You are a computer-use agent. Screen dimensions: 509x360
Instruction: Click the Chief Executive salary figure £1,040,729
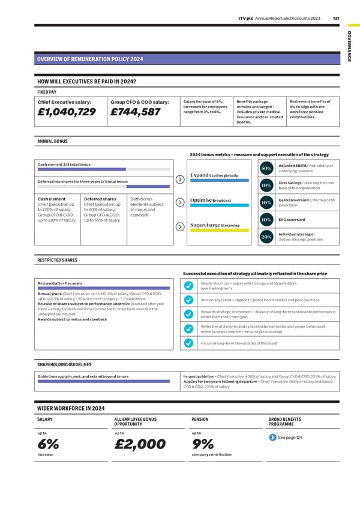coord(67,113)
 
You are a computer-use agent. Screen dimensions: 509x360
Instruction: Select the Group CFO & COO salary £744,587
coord(135,113)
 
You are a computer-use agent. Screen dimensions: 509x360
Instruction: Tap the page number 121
coord(336,18)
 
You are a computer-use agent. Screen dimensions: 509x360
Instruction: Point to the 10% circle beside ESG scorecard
coord(265,220)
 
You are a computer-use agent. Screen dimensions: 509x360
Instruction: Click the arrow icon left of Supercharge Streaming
coord(180,226)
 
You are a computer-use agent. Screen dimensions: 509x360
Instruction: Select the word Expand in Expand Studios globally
coord(199,175)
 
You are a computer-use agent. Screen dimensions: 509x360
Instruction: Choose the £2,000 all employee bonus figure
coord(139,444)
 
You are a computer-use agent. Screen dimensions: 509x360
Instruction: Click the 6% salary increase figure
coord(48,444)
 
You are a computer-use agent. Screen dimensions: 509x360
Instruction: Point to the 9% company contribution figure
coord(203,444)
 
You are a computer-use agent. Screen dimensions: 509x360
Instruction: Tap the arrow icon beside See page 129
coord(273,436)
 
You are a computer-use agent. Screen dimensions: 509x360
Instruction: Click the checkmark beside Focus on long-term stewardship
coord(188,343)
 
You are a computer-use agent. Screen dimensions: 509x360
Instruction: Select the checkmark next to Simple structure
coord(188,285)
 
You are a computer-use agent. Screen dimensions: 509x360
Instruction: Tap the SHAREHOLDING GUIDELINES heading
coord(64,364)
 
